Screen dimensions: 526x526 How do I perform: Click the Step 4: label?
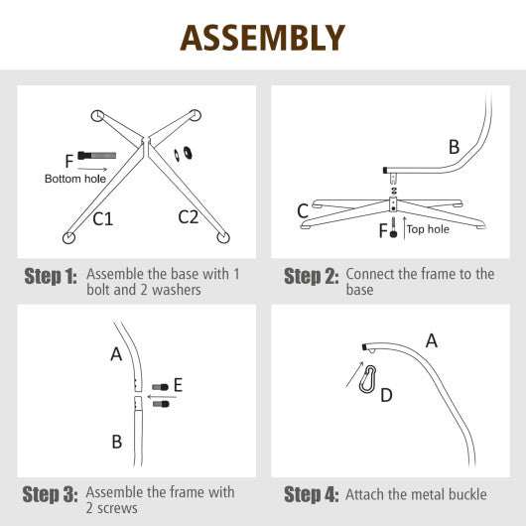click(311, 494)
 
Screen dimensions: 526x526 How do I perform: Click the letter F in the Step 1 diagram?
click(67, 159)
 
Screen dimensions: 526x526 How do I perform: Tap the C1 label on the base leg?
click(103, 218)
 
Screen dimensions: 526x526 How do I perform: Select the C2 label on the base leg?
click(189, 216)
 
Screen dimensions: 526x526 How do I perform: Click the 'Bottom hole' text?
click(72, 180)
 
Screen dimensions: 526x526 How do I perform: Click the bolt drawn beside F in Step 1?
click(95, 157)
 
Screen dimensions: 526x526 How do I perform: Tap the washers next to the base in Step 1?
click(185, 154)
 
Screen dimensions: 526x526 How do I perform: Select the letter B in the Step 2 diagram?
click(454, 147)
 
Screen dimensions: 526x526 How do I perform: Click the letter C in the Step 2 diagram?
click(303, 209)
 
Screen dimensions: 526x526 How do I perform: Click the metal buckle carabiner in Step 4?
click(369, 379)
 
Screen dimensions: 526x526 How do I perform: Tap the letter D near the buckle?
click(386, 396)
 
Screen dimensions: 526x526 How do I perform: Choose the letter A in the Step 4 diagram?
click(431, 340)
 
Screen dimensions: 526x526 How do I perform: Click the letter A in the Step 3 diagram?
click(116, 353)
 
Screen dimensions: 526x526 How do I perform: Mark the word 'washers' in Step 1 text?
click(161, 289)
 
